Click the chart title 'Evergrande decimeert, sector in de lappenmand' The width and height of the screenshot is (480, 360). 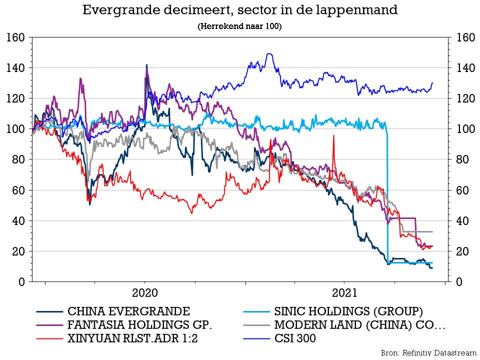click(x=240, y=10)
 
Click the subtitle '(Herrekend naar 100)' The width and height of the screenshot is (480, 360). click(x=240, y=26)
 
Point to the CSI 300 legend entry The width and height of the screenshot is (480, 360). click(x=295, y=338)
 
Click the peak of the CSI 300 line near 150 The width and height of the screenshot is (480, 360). click(x=269, y=53)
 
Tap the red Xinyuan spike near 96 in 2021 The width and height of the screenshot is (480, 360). click(x=332, y=135)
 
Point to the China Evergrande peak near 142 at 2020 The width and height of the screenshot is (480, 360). click(x=146, y=65)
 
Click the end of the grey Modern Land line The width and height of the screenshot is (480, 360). click(x=432, y=231)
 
